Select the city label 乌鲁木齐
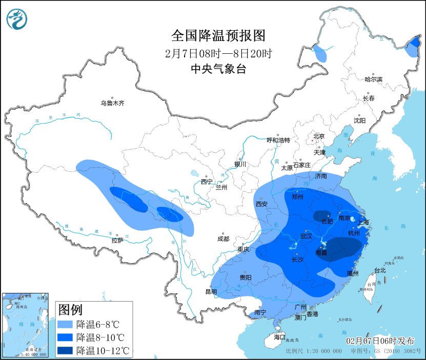[x=112, y=103]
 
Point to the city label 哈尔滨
[x=374, y=79]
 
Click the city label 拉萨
[x=117, y=240]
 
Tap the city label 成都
[x=223, y=239]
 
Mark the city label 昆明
[x=211, y=292]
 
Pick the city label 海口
[x=279, y=337]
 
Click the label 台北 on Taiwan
[x=379, y=270]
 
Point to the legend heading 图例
[x=71, y=310]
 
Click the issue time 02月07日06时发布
[x=380, y=341]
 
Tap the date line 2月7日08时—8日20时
[x=218, y=53]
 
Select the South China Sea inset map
[x=26, y=325]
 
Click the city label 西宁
[x=207, y=182]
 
